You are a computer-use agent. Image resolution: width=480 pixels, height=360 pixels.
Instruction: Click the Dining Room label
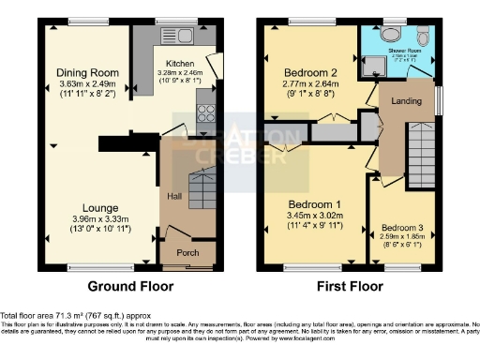pyautogui.click(x=85, y=72)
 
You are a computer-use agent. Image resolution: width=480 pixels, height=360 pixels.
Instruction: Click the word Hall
pyautogui.click(x=174, y=196)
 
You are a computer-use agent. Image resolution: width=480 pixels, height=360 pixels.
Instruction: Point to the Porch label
pyautogui.click(x=187, y=253)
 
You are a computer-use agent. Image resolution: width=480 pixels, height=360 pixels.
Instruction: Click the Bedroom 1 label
pyautogui.click(x=314, y=204)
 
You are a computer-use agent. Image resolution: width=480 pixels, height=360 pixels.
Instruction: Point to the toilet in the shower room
pyautogui.click(x=424, y=37)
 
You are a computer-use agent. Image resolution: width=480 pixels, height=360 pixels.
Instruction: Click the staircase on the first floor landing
pyautogui.click(x=422, y=150)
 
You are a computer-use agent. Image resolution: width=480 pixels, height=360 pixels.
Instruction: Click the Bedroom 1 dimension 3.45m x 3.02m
pyautogui.click(x=314, y=217)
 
